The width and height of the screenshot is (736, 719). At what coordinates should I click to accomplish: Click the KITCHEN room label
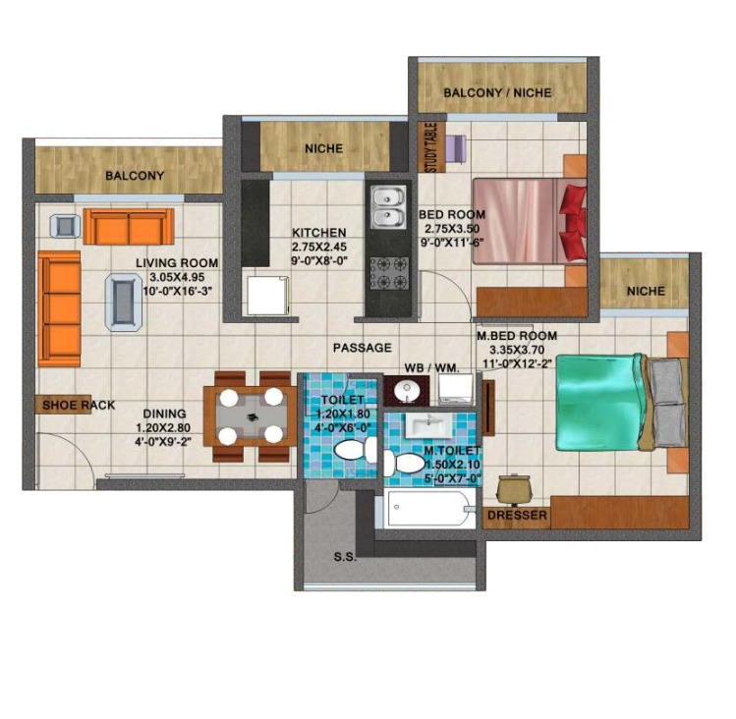pos(319,233)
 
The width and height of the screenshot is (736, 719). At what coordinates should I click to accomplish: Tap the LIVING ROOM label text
pos(177,263)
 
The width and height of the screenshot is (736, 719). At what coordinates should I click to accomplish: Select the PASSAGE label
pos(363,348)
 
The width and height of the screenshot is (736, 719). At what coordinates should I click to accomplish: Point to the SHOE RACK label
pos(79,405)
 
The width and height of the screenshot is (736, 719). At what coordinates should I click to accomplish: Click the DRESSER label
pos(517,516)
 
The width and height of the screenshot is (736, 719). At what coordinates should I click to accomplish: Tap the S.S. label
pos(345,558)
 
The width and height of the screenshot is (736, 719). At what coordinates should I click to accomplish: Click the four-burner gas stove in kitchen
pos(389,273)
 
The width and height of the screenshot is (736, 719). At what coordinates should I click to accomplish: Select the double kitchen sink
pos(388,207)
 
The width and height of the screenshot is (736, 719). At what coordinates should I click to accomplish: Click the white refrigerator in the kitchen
pos(267,296)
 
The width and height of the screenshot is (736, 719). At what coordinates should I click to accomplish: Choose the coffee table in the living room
pos(124,303)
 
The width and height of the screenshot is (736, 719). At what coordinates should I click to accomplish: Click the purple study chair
pos(455,148)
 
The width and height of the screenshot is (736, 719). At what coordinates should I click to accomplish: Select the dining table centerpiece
pos(253,416)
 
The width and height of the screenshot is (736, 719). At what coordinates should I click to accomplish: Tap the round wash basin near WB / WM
pos(407,391)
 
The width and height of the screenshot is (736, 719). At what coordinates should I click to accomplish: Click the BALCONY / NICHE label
pos(497,93)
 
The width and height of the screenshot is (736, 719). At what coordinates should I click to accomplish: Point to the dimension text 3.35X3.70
pos(517,350)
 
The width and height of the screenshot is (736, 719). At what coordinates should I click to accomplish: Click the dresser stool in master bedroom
pos(514,487)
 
